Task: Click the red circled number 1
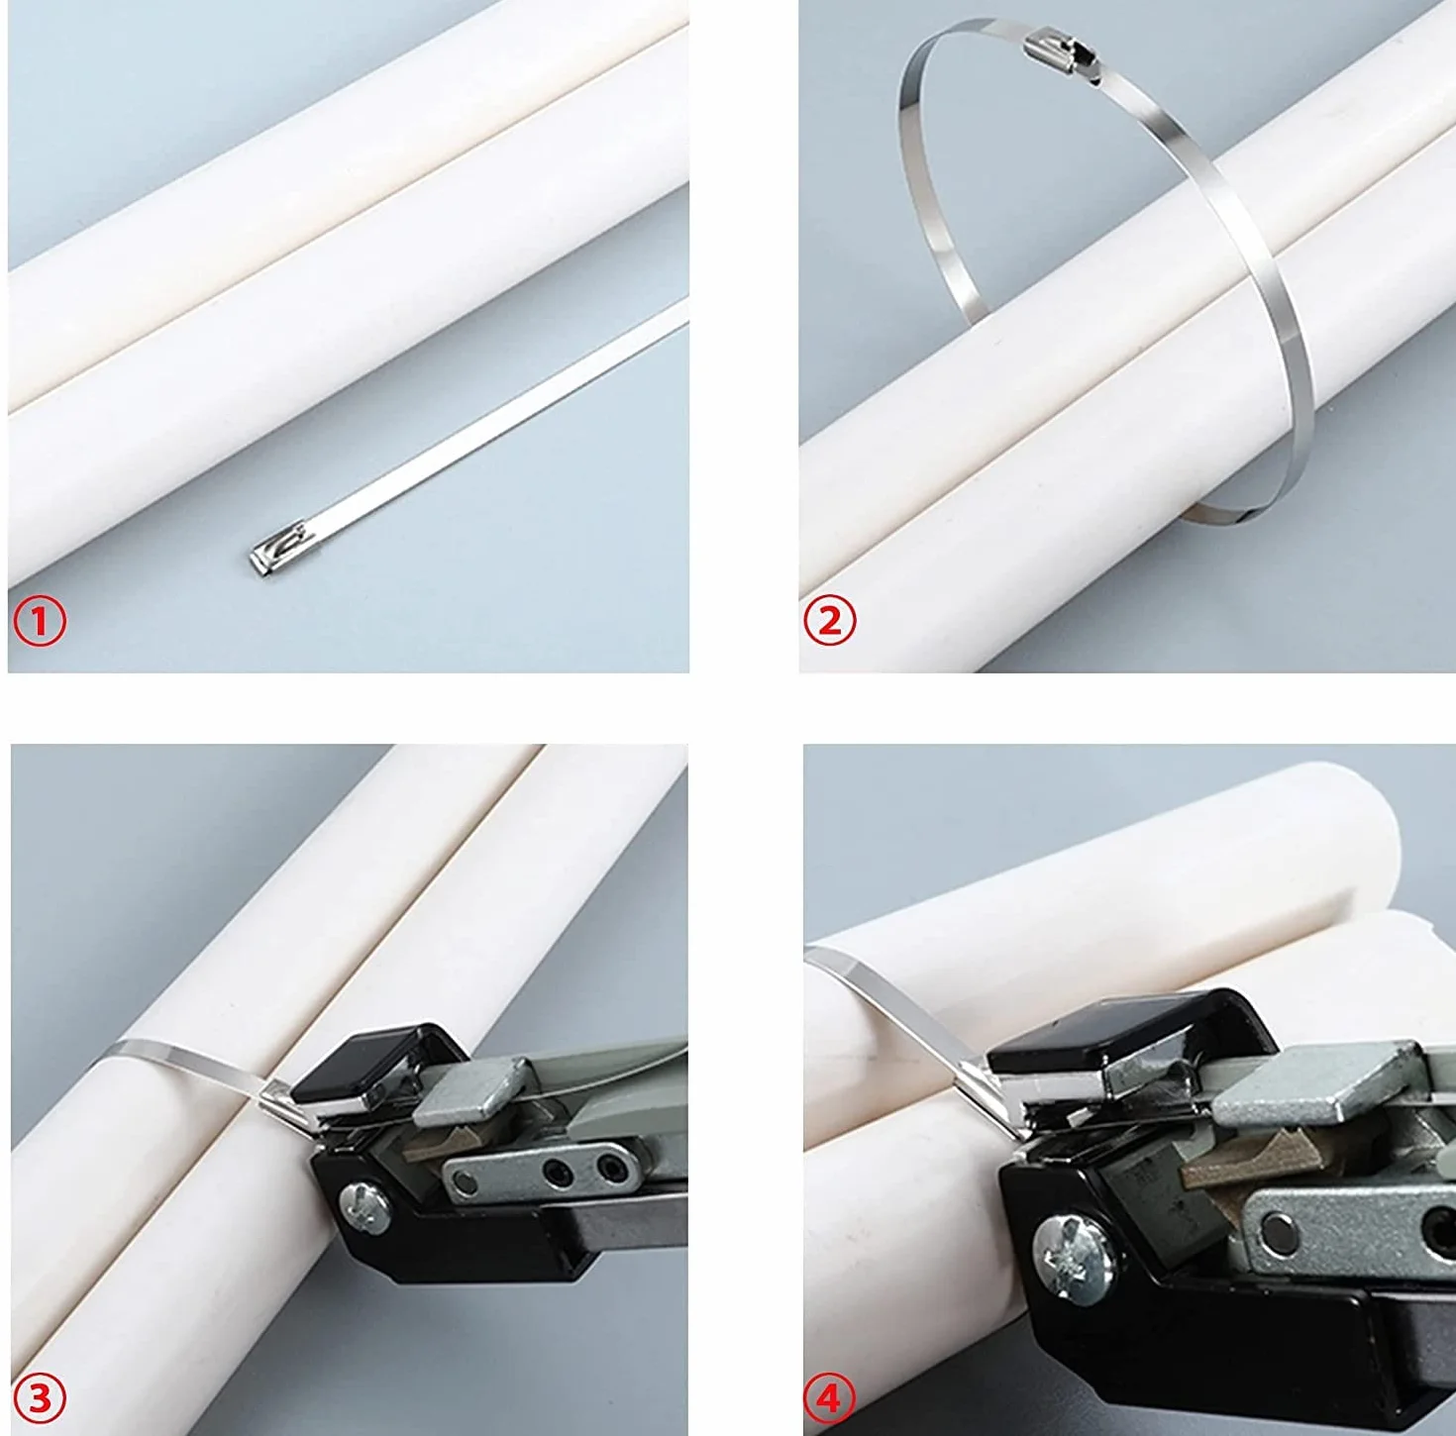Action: click(x=40, y=621)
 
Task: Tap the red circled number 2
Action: click(x=830, y=621)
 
